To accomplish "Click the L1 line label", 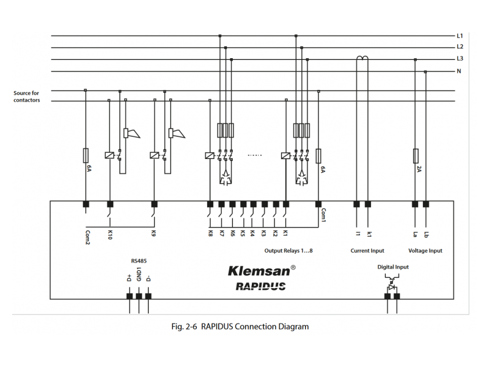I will [x=460, y=35].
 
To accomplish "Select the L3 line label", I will [x=460, y=59].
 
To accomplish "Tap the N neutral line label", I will [x=459, y=71].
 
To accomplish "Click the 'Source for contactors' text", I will [x=27, y=97].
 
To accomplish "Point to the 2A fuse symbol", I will [x=416, y=155].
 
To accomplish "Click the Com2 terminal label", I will [x=87, y=236].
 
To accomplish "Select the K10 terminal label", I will [x=110, y=235].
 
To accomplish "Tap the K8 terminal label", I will [x=210, y=233].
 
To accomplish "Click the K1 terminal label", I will [x=285, y=233].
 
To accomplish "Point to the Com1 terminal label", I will [x=323, y=215].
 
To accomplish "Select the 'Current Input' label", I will [x=367, y=251].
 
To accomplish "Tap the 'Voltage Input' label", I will [x=425, y=251].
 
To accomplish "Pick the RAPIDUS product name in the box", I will [x=260, y=286].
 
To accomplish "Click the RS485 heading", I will [x=139, y=261].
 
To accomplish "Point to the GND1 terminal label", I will [x=139, y=273].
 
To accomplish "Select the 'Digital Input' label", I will [x=393, y=267].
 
